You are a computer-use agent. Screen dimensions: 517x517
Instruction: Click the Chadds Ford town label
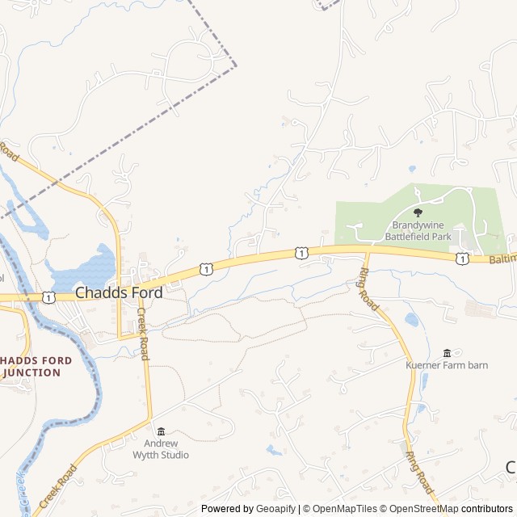119,293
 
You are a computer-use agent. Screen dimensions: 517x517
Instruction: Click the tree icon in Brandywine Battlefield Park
418,212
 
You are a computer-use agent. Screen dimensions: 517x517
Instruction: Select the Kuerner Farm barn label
447,365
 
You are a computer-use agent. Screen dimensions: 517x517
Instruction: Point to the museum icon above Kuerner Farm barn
447,353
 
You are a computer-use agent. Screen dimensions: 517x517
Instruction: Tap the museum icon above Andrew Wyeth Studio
161,431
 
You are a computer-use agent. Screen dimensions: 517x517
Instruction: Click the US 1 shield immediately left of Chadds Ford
49,297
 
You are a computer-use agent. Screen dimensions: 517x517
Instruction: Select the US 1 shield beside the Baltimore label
461,258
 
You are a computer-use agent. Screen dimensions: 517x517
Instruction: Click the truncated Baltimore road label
502,260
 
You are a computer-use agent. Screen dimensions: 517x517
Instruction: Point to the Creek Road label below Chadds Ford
144,334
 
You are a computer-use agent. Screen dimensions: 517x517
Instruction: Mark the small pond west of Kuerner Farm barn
412,320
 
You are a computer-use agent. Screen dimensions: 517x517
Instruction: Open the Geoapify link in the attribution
275,509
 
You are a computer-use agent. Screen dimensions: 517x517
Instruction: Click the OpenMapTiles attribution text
340,509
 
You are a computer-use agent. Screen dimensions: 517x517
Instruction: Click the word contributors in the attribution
488,509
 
